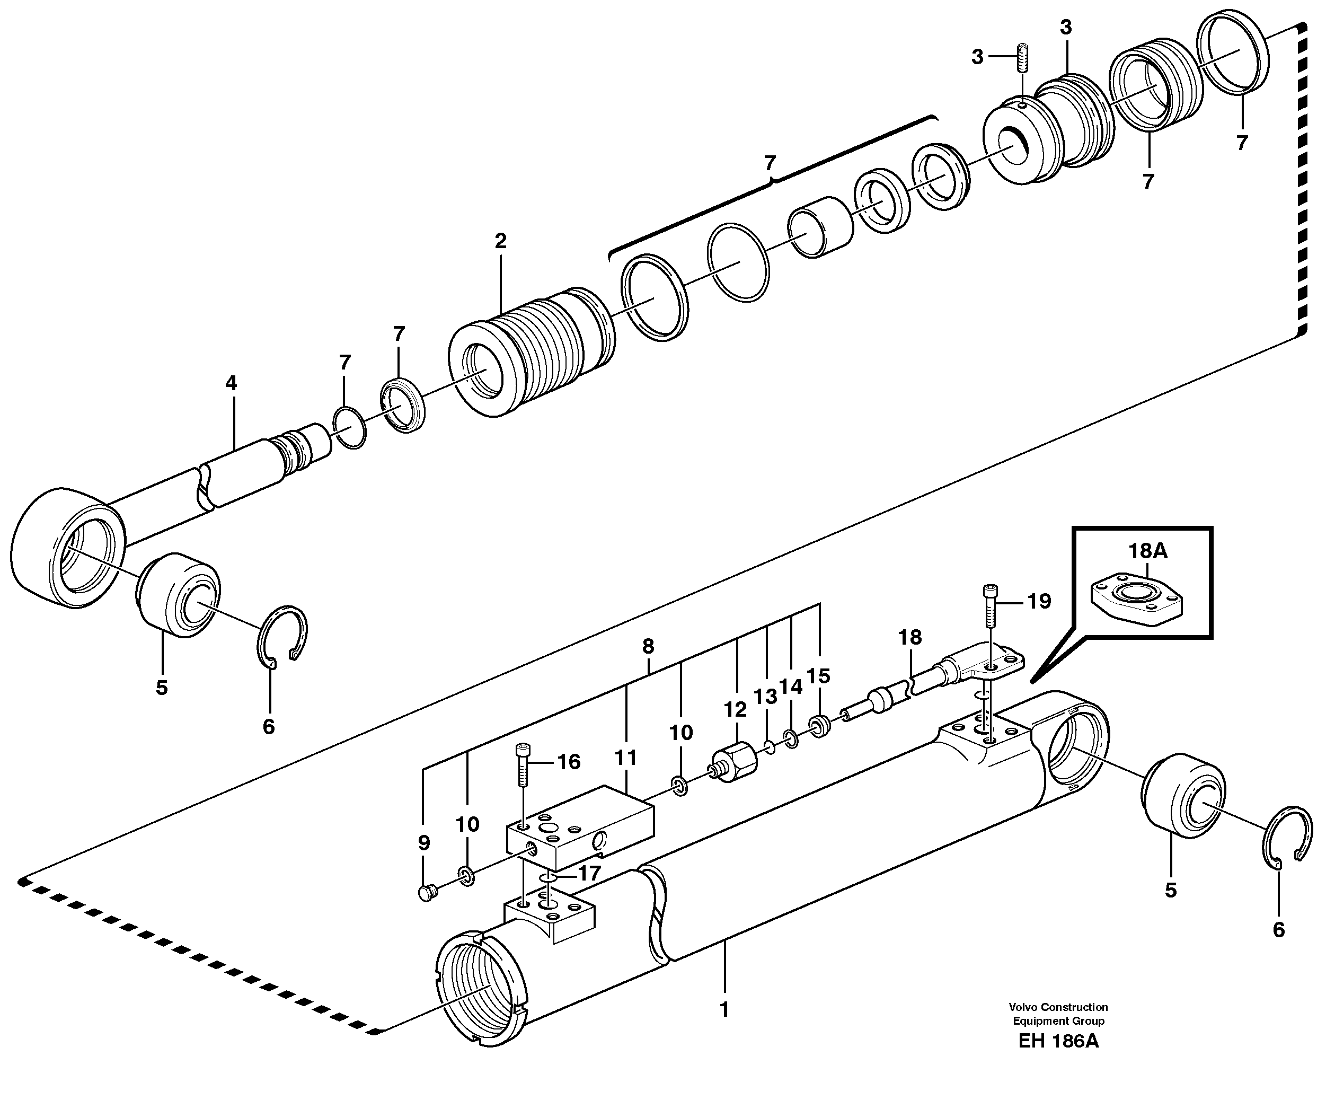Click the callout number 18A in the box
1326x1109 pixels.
point(1147,551)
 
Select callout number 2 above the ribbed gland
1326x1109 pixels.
point(500,241)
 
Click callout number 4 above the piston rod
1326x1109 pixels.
point(231,383)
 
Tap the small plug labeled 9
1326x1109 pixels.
point(427,893)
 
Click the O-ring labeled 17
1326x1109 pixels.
point(548,879)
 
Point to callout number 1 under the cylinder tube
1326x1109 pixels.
point(724,1010)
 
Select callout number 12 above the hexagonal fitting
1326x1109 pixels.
point(735,709)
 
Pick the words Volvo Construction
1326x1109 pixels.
point(1058,1007)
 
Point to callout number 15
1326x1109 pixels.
point(818,676)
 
